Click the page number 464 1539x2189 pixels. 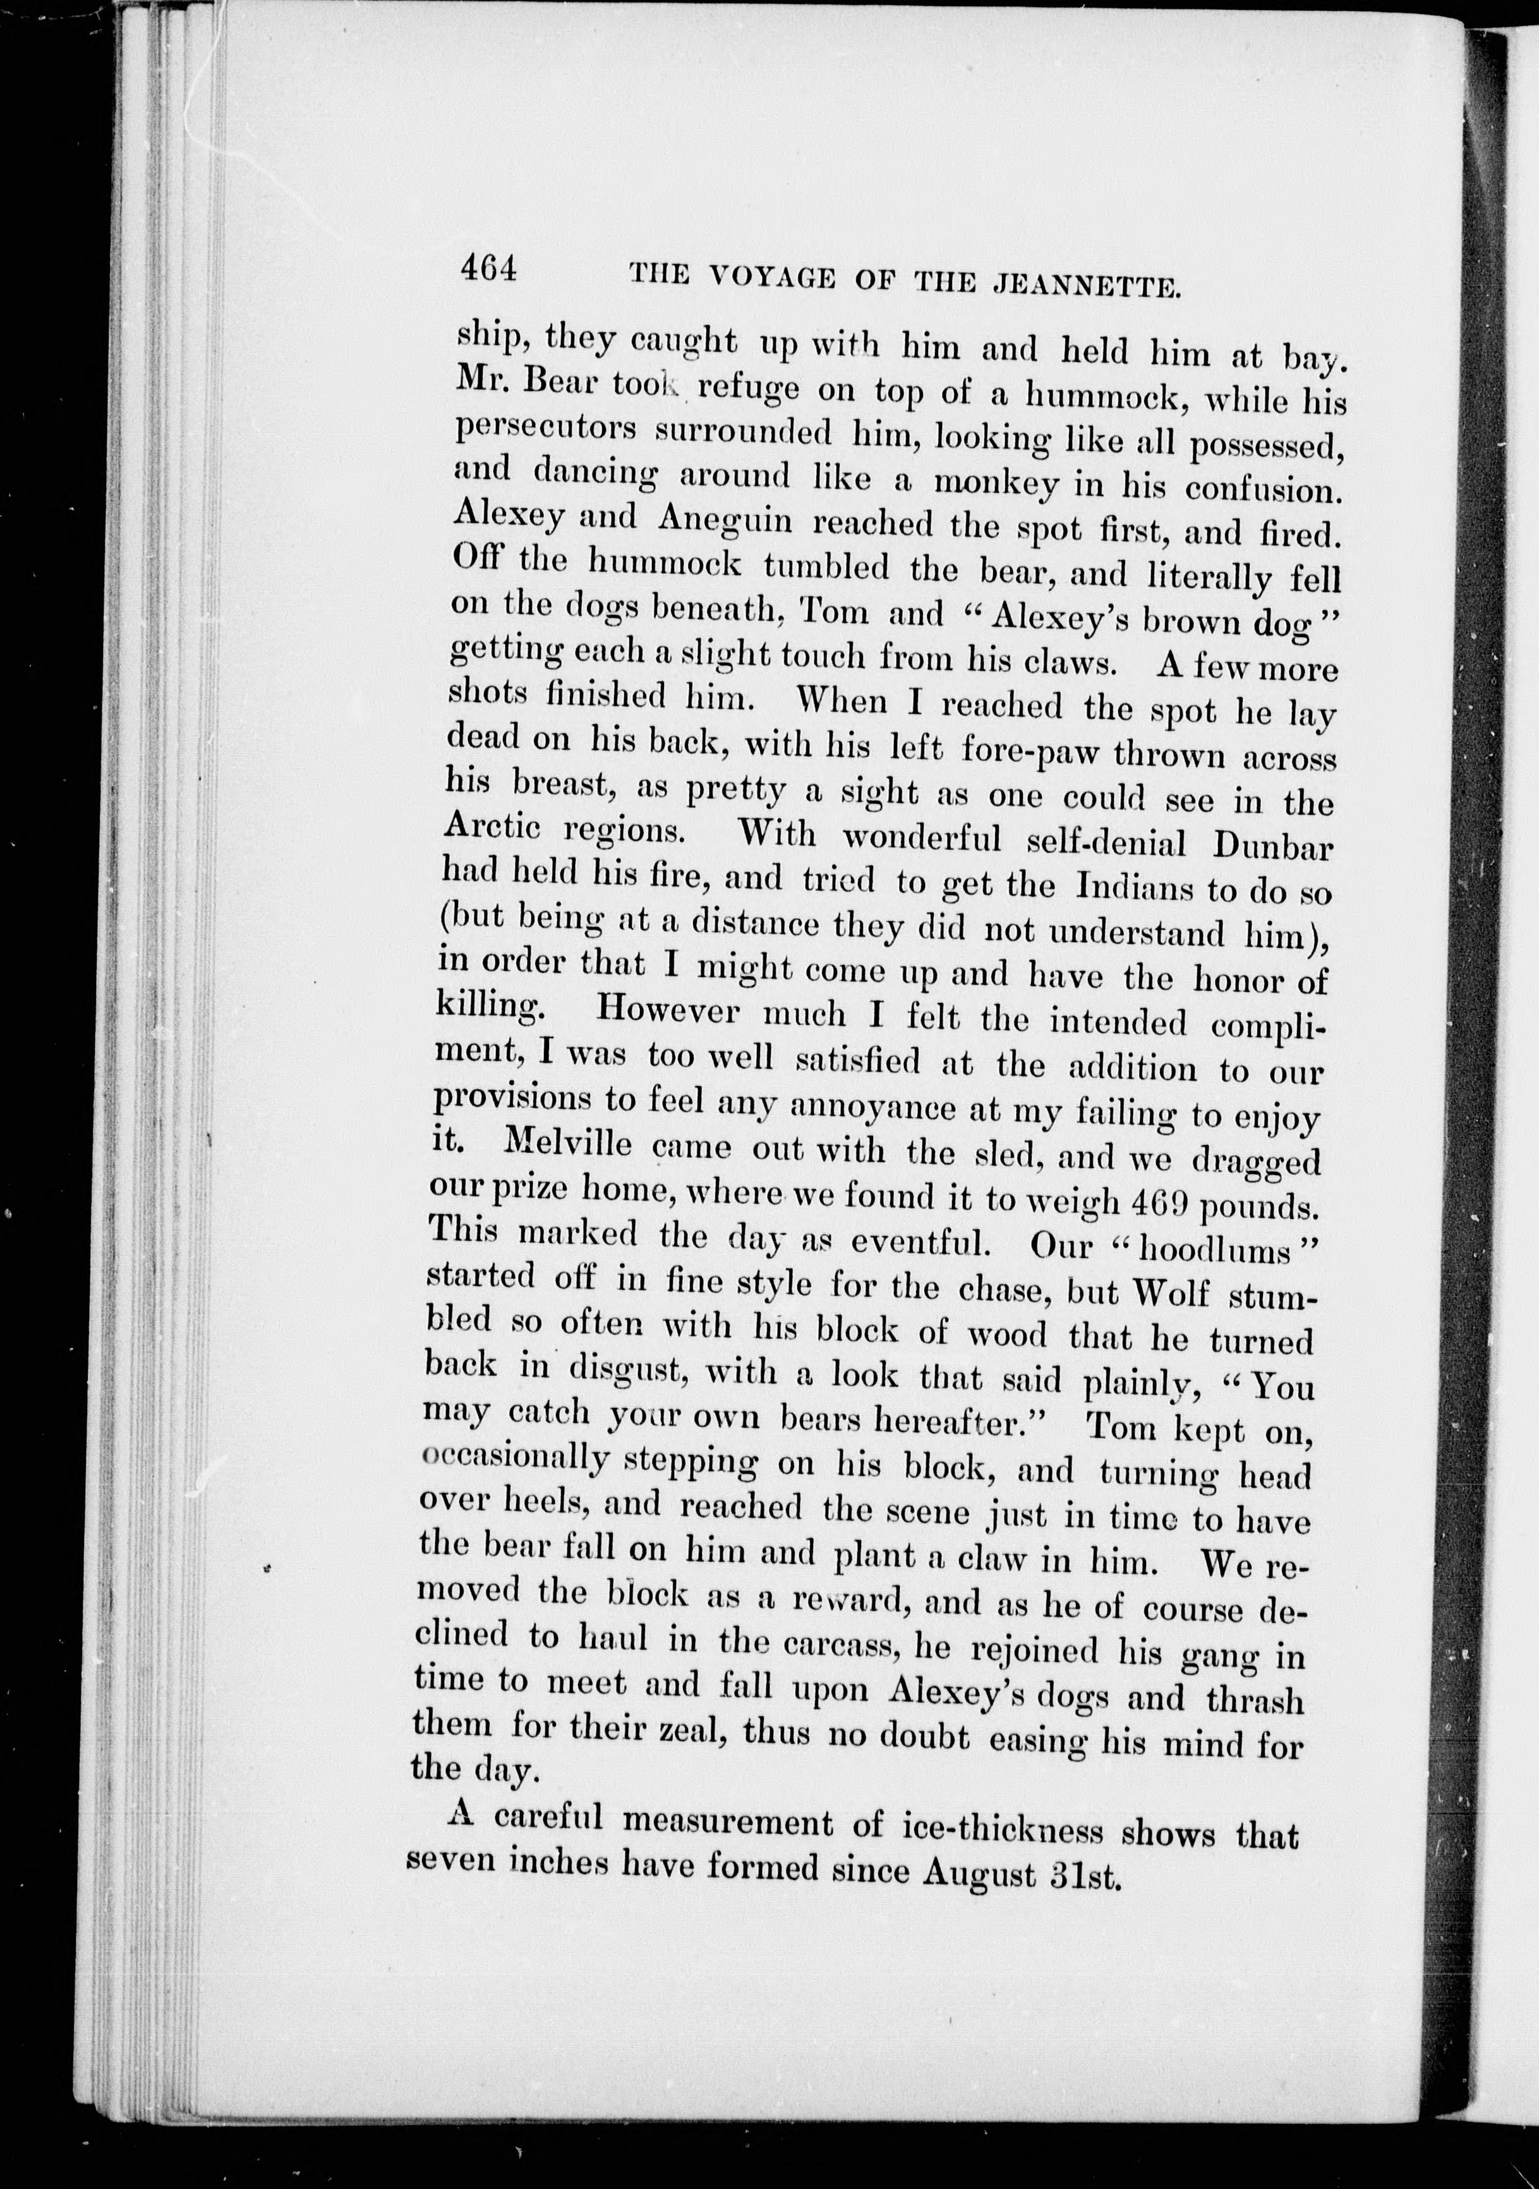coord(488,270)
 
